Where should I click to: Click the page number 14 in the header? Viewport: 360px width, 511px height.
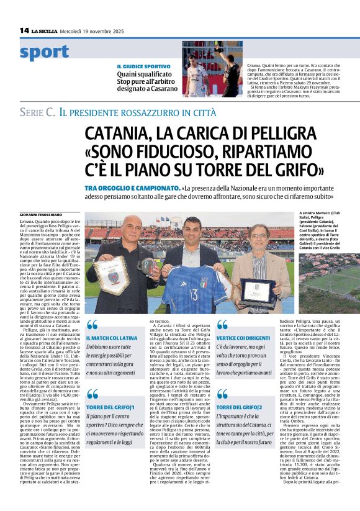pos(24,30)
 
